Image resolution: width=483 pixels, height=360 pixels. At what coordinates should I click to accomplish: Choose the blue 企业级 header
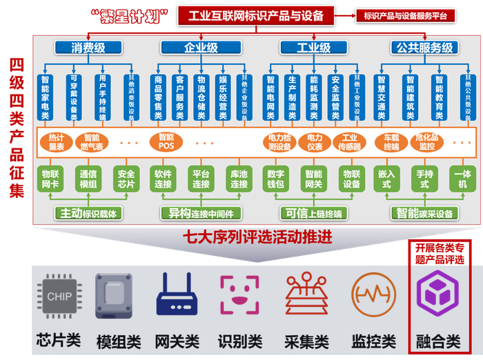coord(201,48)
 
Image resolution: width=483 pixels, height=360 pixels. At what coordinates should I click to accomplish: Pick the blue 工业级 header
coord(314,48)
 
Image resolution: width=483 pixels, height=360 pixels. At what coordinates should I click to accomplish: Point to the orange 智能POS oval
coord(166,141)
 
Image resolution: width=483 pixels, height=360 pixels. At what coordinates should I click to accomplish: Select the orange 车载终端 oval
coord(387,141)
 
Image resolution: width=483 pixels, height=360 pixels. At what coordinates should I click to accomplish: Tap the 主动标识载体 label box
coord(88,212)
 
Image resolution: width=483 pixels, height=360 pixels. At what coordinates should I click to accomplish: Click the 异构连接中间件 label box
coord(201,212)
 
